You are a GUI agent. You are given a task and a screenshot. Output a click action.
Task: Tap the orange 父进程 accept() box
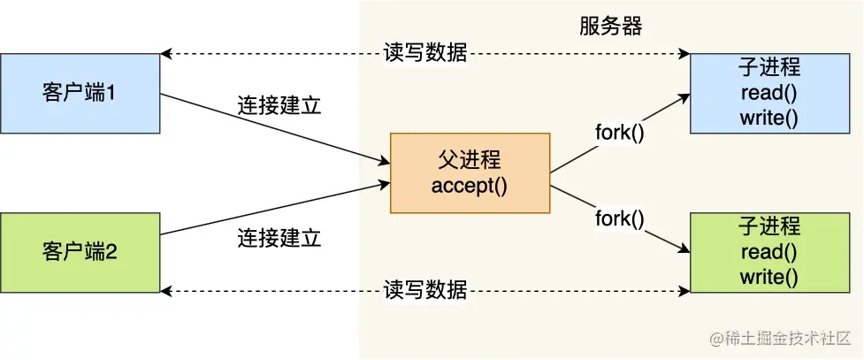click(x=470, y=172)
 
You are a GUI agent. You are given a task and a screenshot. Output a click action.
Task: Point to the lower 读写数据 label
click(x=425, y=291)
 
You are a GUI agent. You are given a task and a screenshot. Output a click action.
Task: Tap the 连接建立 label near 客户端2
click(x=278, y=238)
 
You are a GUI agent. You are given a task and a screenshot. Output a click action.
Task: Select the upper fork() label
click(x=619, y=134)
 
